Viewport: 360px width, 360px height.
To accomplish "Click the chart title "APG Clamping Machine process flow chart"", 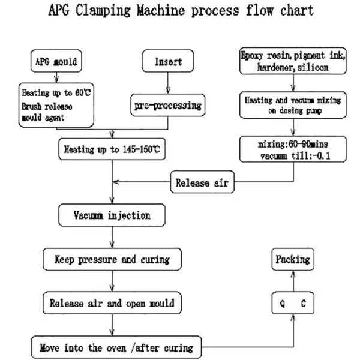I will [181, 11].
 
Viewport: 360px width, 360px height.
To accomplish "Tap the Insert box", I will [168, 61].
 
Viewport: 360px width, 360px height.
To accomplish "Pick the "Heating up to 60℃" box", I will [56, 104].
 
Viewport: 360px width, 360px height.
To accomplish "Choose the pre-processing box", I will [167, 106].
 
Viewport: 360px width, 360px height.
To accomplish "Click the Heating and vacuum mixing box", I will [292, 105].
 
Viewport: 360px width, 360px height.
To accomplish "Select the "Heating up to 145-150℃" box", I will [112, 148].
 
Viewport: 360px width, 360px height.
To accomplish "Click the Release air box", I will [202, 183].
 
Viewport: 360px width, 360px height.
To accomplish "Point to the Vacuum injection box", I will [112, 215].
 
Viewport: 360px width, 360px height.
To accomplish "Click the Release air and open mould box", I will [112, 303].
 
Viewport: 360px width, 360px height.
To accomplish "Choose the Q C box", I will [292, 304].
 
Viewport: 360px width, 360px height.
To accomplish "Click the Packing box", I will [292, 259].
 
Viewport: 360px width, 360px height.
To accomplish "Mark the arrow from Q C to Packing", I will [292, 281].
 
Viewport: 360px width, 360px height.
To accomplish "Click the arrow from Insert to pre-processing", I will [168, 83].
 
